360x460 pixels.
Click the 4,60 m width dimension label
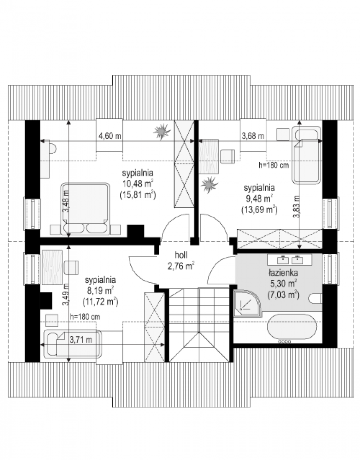click(110, 136)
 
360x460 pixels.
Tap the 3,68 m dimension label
click(253, 136)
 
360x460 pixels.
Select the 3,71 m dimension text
click(81, 340)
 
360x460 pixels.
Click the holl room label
click(181, 255)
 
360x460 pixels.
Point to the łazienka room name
click(283, 273)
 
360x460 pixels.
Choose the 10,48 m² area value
click(138, 184)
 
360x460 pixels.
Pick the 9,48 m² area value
click(259, 198)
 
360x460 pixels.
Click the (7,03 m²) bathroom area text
click(283, 295)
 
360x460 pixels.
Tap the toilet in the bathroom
click(316, 299)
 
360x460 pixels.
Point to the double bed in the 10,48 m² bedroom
click(85, 209)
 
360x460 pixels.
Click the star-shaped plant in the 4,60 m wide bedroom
click(162, 131)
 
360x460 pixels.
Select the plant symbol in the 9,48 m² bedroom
click(209, 185)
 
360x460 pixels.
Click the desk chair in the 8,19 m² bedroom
click(71, 268)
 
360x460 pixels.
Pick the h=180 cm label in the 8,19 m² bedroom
click(85, 317)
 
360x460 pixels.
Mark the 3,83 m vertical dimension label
click(297, 207)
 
